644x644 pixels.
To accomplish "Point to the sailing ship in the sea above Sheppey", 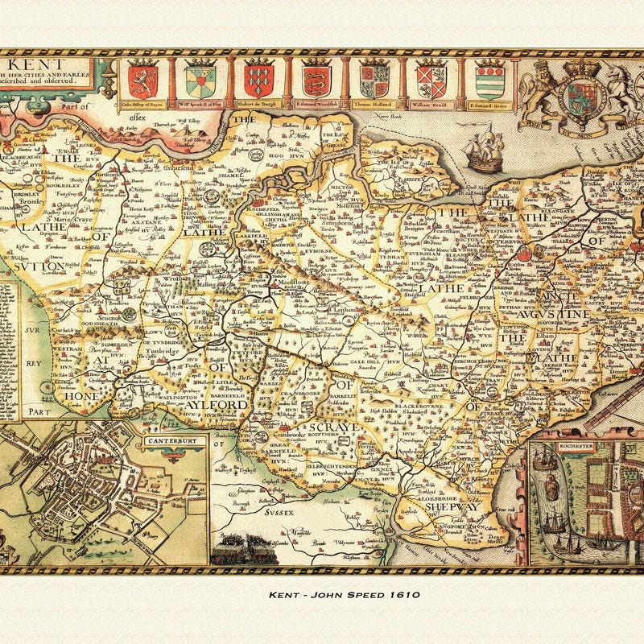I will pos(485,153).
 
